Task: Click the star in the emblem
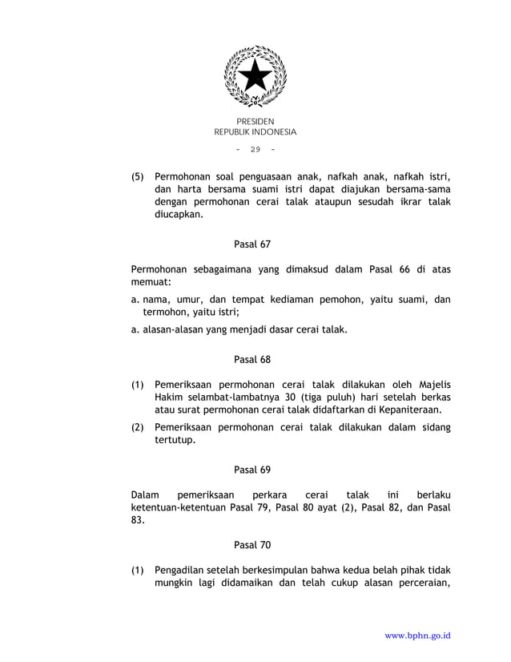[255, 76]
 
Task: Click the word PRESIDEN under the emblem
[255, 121]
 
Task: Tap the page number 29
[255, 150]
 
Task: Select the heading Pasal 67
[252, 244]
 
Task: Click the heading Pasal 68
[252, 359]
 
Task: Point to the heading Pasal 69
[252, 470]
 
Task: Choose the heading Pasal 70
[252, 545]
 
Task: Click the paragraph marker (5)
[139, 176]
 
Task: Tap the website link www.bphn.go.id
[417, 636]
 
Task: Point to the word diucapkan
[179, 215]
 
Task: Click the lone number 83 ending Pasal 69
[138, 519]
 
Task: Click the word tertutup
[175, 441]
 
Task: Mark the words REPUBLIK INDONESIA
[255, 132]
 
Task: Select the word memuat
[150, 282]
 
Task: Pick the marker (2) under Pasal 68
[139, 428]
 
